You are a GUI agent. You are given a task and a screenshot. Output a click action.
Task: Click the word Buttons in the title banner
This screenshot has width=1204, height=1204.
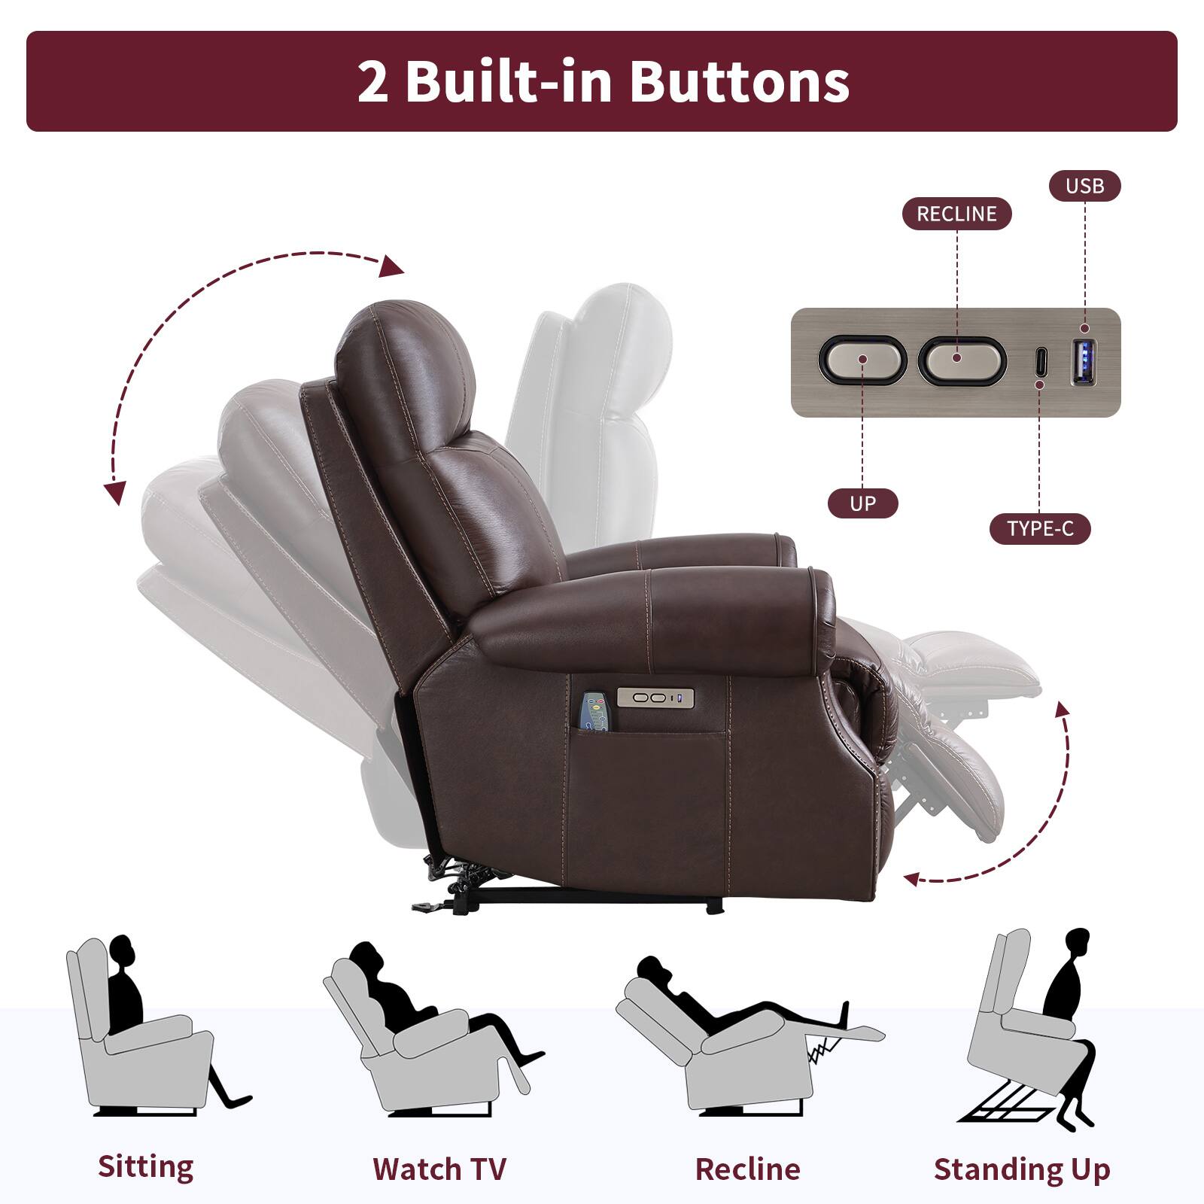point(739,81)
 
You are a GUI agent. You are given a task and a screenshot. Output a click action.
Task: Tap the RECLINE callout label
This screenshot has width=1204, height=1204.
point(956,214)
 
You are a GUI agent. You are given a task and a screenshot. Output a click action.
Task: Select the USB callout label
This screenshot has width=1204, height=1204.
point(1084,186)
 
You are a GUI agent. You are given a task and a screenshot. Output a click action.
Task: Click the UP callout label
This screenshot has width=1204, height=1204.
point(862,503)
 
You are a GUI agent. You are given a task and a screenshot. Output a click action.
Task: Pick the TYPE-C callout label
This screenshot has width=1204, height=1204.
point(1040,529)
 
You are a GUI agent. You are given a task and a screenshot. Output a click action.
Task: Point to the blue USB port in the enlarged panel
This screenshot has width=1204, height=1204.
point(1084,362)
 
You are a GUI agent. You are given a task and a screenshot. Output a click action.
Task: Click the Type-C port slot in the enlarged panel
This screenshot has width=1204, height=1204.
point(1040,362)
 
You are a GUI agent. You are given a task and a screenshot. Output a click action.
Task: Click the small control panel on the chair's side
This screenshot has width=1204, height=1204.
point(655,698)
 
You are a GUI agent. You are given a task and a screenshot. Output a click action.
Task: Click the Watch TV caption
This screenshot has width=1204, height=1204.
point(439,1169)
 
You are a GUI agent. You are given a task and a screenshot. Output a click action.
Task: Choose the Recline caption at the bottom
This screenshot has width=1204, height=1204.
point(747,1169)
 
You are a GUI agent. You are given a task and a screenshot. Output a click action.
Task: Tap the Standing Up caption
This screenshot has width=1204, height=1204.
point(1022,1169)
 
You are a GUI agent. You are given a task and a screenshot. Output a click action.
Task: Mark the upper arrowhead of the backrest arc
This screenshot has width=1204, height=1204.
point(391,266)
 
